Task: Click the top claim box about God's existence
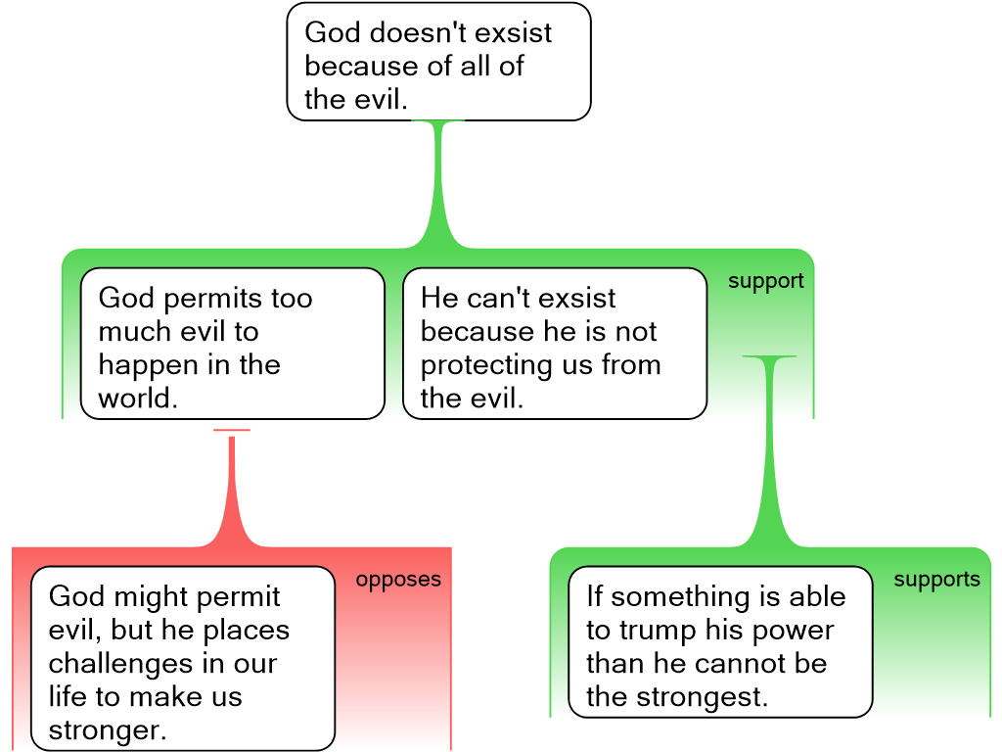(438, 62)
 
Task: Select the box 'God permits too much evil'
(232, 344)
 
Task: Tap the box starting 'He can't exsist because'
(554, 344)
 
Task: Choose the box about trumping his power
(719, 641)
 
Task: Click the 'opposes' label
(398, 580)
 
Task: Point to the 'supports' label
(936, 580)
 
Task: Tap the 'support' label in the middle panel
(765, 282)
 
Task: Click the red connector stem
(232, 490)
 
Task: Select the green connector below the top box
(437, 186)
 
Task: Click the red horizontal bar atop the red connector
(232, 431)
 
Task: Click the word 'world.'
(137, 399)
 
